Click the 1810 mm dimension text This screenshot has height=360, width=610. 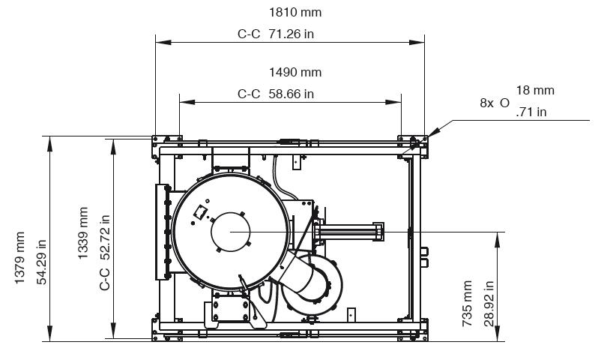tap(295, 13)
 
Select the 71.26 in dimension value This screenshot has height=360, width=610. tap(291, 34)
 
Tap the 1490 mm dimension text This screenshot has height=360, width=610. tap(295, 73)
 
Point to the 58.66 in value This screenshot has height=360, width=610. tap(291, 94)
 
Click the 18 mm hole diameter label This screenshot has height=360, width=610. tap(535, 90)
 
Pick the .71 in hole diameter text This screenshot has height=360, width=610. tap(531, 112)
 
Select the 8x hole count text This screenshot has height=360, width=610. tap(486, 103)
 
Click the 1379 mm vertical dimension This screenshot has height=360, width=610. tap(19, 258)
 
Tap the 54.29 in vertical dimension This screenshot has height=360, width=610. tap(42, 262)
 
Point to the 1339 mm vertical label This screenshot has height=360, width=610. tap(83, 233)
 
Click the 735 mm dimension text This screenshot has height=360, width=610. tap(467, 304)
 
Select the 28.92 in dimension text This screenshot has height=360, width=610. tap(489, 304)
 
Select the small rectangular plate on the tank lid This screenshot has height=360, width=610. tap(200, 212)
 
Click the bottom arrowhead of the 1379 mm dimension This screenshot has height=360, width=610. tap(49, 334)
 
